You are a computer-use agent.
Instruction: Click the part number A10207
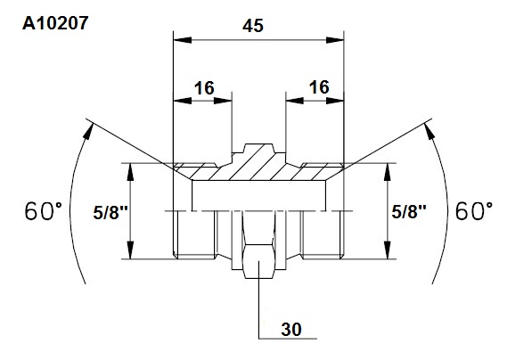pos(55,23)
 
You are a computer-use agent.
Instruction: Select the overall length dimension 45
pos(253,26)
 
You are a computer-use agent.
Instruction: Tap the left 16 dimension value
pos(204,88)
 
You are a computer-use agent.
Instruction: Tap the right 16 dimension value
pos(319,87)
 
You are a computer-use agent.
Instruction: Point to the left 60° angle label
pos(44,211)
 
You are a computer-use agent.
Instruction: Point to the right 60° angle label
pos(474,211)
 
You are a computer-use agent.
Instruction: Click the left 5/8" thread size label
pos(110,213)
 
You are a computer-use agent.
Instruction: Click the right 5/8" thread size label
pos(409,212)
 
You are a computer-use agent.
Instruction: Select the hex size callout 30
pos(291,330)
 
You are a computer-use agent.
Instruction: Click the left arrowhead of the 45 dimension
pos(182,40)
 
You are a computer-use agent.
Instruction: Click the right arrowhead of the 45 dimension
pos(335,40)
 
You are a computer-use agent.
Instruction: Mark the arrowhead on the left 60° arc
pos(88,131)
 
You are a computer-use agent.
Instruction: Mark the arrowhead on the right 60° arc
pos(430,131)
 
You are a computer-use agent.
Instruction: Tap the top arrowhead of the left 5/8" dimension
pos(130,172)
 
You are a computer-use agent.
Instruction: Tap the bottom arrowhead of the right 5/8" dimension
pos(388,250)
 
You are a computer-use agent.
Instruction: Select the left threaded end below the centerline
pos(194,234)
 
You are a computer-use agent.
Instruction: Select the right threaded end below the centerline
pos(323,234)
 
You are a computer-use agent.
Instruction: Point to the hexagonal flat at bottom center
pos(259,261)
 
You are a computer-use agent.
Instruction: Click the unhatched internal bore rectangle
pos(259,195)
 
